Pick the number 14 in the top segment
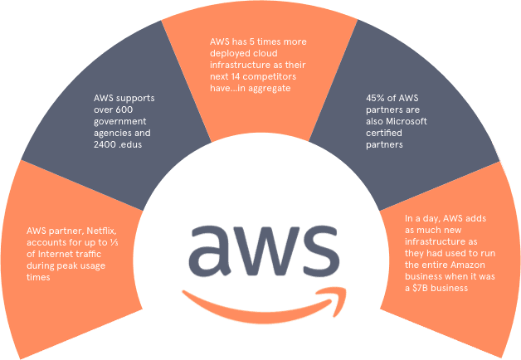231,74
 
